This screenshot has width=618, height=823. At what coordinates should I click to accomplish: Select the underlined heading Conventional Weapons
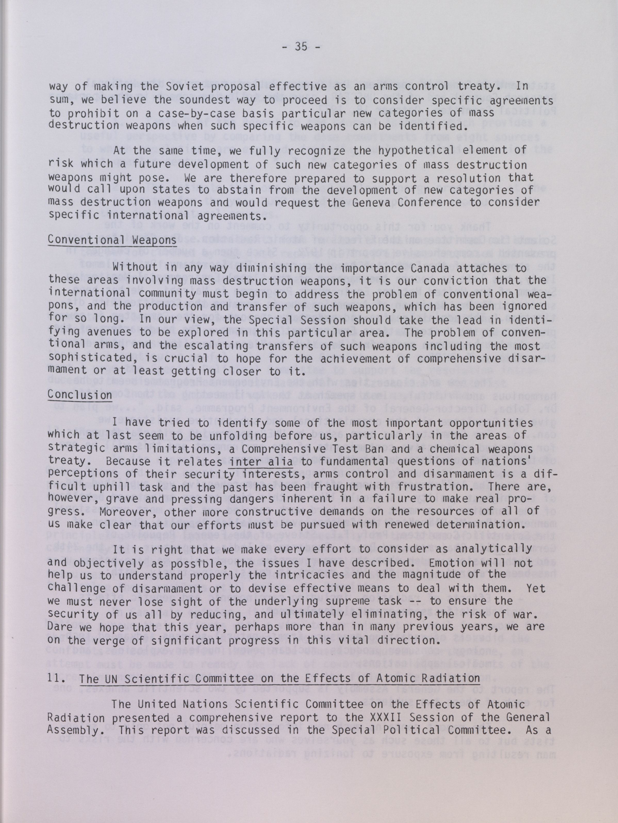click(x=112, y=240)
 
